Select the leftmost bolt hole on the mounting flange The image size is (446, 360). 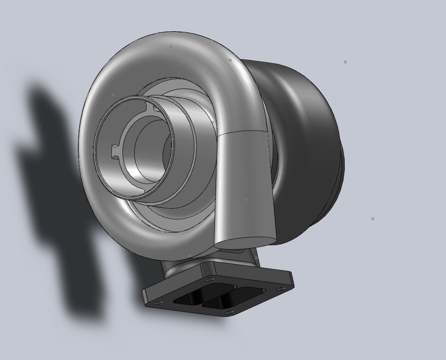(x=157, y=303)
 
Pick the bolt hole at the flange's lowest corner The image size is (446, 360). (x=228, y=312)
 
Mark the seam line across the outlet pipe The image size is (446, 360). (x=244, y=133)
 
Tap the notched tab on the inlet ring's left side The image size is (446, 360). (x=115, y=151)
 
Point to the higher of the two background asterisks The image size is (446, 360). (x=345, y=62)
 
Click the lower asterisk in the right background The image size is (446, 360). (x=373, y=219)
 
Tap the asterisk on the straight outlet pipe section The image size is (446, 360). (x=246, y=200)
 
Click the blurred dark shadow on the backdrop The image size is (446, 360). (x=55, y=189)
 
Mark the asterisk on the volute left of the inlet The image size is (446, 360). (x=113, y=95)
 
